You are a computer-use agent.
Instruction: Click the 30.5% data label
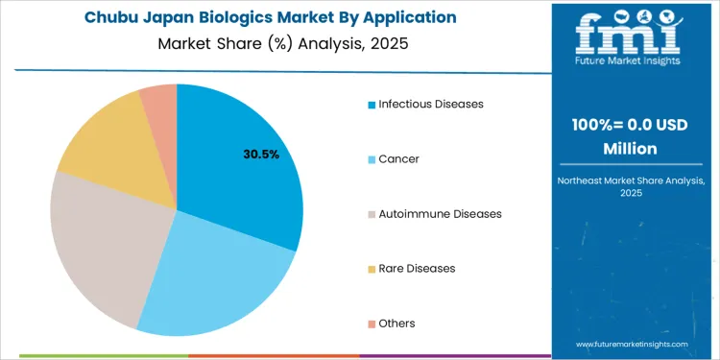[x=260, y=154]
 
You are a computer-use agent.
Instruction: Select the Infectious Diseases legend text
[x=431, y=104]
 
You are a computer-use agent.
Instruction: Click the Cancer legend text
[x=398, y=158]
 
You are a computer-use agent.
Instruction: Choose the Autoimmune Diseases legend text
[x=440, y=213]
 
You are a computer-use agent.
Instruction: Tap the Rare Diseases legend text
[x=417, y=268]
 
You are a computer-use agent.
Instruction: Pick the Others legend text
[x=397, y=324]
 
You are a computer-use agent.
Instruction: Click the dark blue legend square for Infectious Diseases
[x=372, y=104]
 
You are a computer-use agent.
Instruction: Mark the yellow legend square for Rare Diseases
[x=372, y=269]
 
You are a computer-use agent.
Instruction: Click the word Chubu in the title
[x=109, y=18]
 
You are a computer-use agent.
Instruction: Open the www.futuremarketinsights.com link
[x=633, y=343]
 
